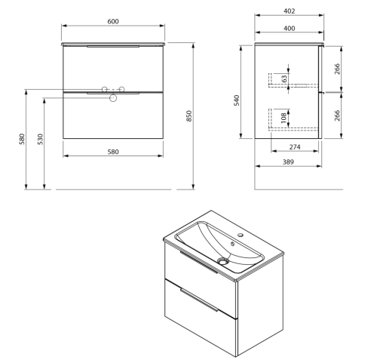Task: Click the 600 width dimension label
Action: [x=113, y=21]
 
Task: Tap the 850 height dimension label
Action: [x=189, y=116]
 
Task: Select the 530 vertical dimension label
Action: [x=40, y=139]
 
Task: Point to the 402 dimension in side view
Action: [x=290, y=11]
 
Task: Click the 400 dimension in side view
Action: [x=290, y=28]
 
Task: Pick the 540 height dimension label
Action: [x=237, y=100]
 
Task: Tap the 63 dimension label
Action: [x=284, y=78]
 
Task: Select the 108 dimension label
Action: [x=284, y=118]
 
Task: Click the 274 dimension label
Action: [x=295, y=147]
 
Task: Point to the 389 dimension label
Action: [x=288, y=162]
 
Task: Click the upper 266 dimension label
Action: [x=337, y=69]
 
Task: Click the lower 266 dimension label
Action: [x=337, y=115]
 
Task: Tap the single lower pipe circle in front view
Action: [x=113, y=98]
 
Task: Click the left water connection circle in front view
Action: [x=105, y=89]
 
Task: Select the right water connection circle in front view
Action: [x=122, y=89]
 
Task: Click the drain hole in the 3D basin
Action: [x=223, y=262]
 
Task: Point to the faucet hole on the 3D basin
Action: [x=241, y=235]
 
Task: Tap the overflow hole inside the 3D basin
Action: [x=232, y=244]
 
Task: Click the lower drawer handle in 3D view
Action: [x=199, y=300]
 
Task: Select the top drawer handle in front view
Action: [x=113, y=47]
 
